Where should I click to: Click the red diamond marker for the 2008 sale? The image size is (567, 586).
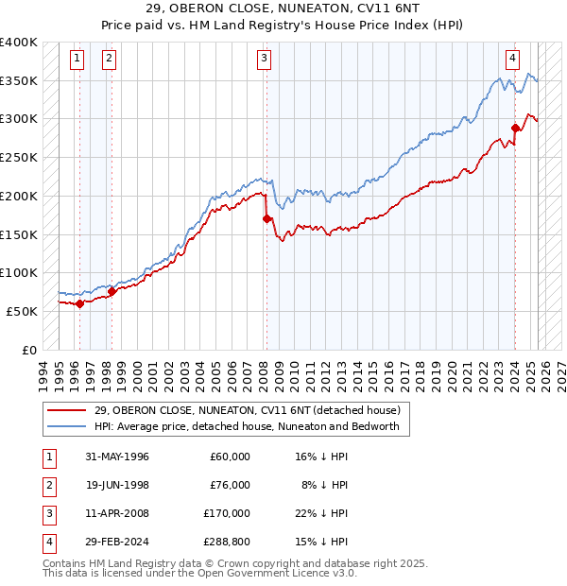tap(266, 218)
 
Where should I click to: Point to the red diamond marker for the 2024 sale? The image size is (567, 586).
tap(516, 128)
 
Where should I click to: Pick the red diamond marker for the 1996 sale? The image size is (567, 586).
tap(80, 303)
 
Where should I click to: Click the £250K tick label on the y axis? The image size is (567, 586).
tap(19, 157)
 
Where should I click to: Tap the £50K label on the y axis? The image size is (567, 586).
tap(22, 311)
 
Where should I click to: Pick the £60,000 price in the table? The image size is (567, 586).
tap(230, 456)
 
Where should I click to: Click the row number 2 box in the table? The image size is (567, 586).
tap(48, 484)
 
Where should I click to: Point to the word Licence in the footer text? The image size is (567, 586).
tap(302, 573)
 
